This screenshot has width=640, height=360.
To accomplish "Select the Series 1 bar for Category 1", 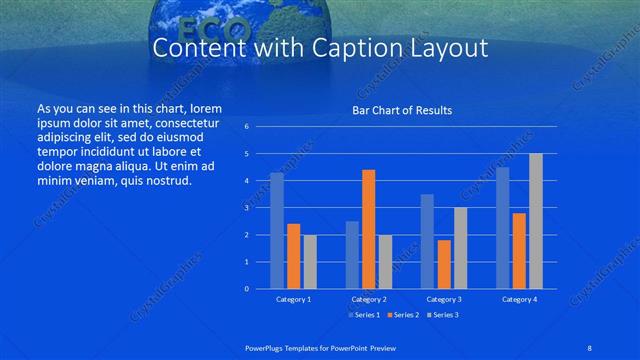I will click(277, 231).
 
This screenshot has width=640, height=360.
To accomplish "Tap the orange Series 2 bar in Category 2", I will click(368, 229).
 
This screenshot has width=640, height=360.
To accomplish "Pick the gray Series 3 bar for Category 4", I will click(536, 221).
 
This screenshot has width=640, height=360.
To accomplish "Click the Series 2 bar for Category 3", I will click(444, 264).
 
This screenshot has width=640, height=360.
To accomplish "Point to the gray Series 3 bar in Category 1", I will click(310, 262).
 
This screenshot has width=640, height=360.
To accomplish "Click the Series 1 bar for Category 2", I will click(352, 255).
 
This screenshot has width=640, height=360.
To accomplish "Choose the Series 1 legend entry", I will click(364, 314).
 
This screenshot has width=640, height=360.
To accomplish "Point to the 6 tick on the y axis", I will click(247, 127).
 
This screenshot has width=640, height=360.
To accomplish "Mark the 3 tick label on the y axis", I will click(247, 208).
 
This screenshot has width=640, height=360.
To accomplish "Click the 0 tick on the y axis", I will click(247, 289).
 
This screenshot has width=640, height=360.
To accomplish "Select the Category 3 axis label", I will click(444, 299).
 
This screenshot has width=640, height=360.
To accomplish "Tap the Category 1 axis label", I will click(293, 299).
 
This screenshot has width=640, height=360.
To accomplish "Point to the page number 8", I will click(589, 348).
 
